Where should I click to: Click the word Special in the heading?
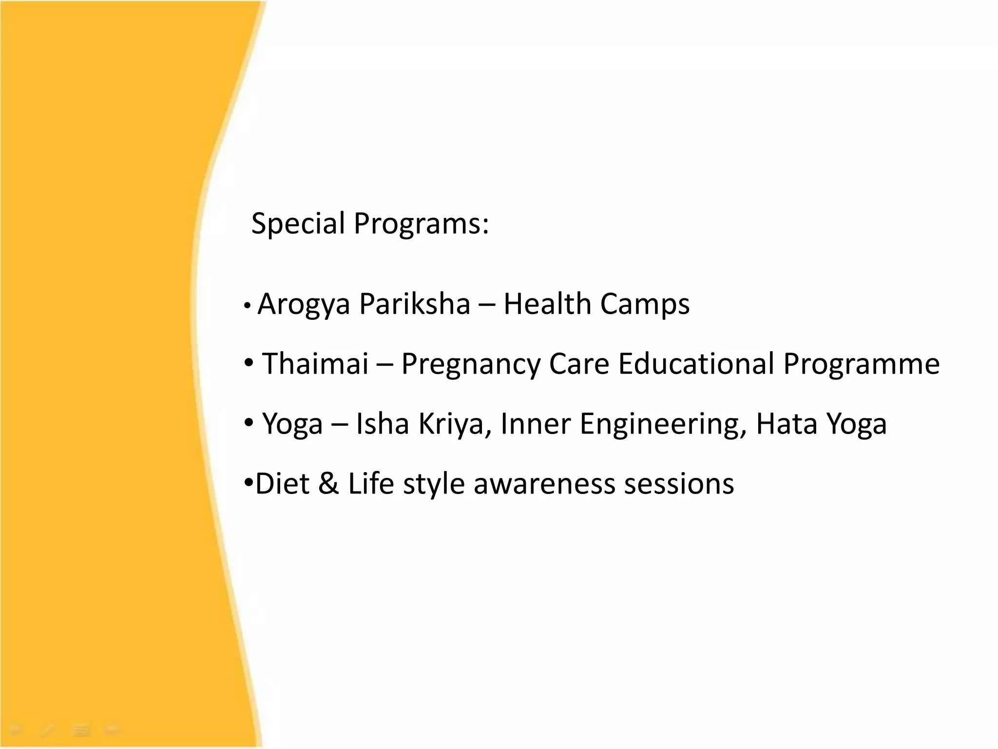[x=298, y=224]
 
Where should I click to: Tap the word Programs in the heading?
[x=421, y=224]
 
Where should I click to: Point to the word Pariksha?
[x=415, y=304]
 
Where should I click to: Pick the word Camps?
[x=645, y=305]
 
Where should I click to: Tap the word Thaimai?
[x=315, y=364]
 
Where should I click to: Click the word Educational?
[x=696, y=364]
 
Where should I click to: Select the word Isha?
[x=382, y=423]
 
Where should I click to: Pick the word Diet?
[x=282, y=484]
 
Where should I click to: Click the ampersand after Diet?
[x=328, y=484]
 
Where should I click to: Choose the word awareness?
[x=544, y=484]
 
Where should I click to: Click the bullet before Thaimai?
[x=249, y=363]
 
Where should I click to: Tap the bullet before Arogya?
[x=248, y=306]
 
